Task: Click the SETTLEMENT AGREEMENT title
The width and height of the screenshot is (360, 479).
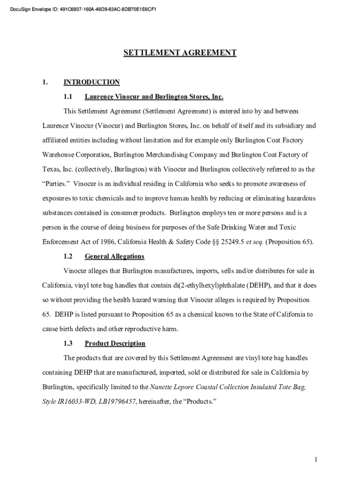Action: pyautogui.click(x=180, y=53)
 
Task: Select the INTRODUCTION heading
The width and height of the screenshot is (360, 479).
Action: pyautogui.click(x=92, y=82)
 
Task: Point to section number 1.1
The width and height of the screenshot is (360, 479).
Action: pyautogui.click(x=68, y=97)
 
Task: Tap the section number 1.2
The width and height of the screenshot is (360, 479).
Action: pyautogui.click(x=68, y=256)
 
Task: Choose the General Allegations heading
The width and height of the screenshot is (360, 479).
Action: pyautogui.click(x=115, y=256)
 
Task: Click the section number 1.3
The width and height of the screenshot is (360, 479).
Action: pyautogui.click(x=68, y=343)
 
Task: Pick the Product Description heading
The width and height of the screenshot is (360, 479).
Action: pyautogui.click(x=115, y=343)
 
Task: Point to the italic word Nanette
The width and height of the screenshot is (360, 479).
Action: pyautogui.click(x=161, y=387)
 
